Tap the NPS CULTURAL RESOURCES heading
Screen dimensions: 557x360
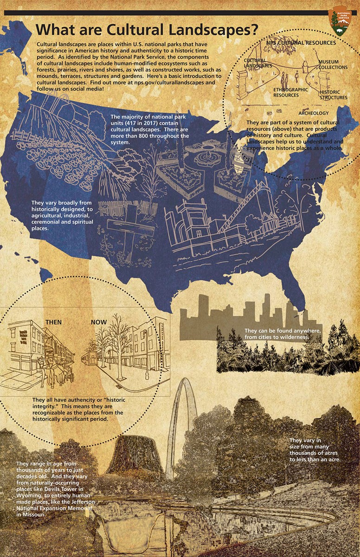(301, 43)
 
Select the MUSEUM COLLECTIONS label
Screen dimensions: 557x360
(333, 65)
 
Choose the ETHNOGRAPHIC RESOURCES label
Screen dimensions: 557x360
(290, 92)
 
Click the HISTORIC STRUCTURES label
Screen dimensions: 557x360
(333, 95)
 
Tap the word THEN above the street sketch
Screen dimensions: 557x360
(53, 322)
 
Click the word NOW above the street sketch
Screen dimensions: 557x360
(98, 322)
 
